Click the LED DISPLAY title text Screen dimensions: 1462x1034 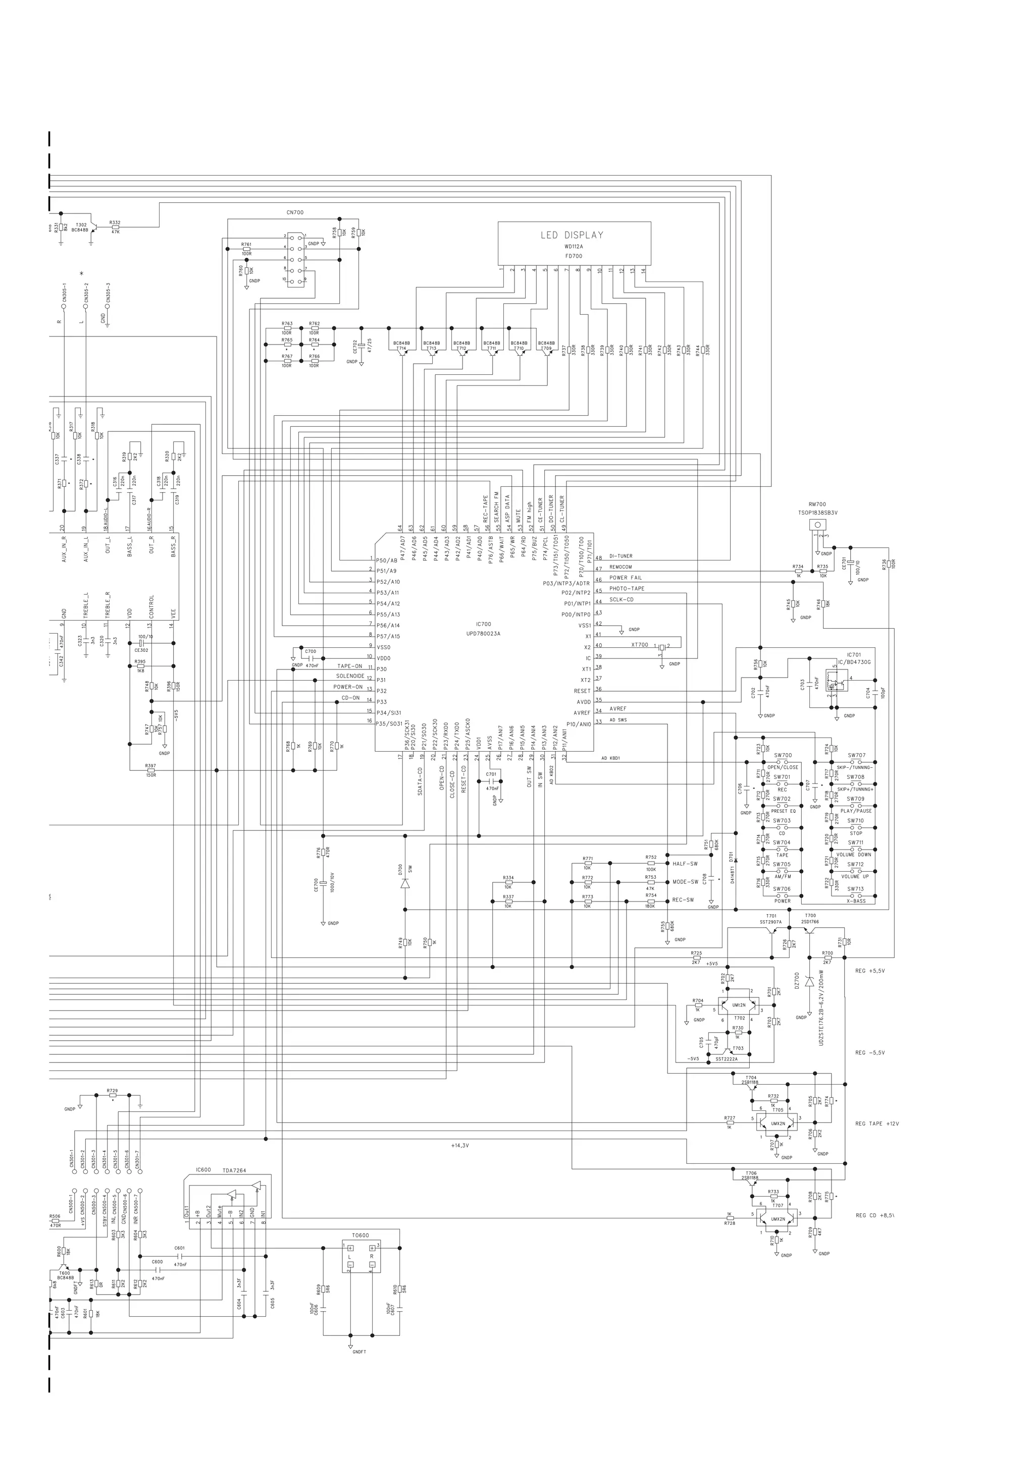(x=572, y=235)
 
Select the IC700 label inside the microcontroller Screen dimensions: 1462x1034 (x=484, y=624)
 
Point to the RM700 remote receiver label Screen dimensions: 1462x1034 (x=817, y=504)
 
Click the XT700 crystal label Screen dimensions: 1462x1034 (x=639, y=644)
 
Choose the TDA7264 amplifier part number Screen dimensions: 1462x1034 (x=234, y=1170)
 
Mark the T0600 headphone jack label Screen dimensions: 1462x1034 (x=360, y=1235)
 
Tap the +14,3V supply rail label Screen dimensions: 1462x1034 (x=459, y=1146)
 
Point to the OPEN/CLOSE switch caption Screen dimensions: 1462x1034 (x=783, y=767)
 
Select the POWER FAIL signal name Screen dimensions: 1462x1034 (x=626, y=578)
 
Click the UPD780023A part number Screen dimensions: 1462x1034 (x=484, y=634)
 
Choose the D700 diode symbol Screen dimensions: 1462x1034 (x=404, y=884)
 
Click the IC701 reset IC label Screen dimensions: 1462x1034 (x=854, y=655)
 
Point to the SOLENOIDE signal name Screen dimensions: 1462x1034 (x=350, y=676)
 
